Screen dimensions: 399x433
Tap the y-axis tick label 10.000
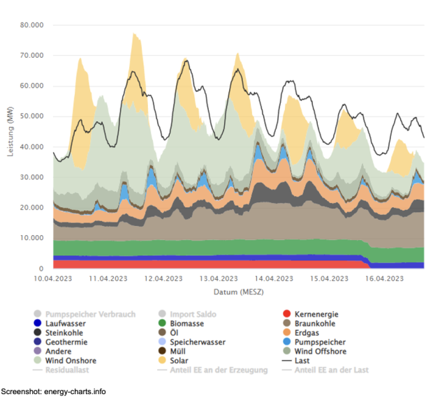[32, 238]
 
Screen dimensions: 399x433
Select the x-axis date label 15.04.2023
[328, 278]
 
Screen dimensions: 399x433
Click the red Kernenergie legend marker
[287, 315]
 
